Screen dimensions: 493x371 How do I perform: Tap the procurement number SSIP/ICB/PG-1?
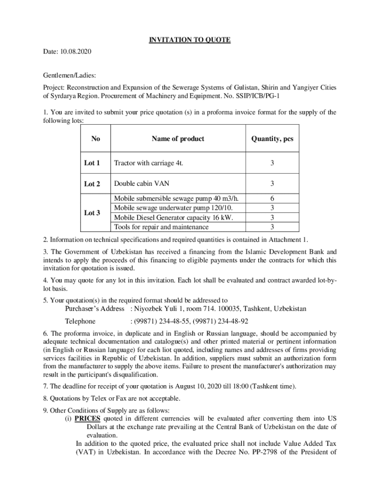(260, 96)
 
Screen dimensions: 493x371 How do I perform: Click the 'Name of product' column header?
(178, 139)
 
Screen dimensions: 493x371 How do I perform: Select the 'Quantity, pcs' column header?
(272, 139)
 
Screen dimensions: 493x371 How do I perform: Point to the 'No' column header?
(95, 139)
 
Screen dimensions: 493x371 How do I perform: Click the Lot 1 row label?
(92, 163)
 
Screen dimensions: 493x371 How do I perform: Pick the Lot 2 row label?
(92, 184)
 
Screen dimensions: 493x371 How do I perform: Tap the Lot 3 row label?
(92, 212)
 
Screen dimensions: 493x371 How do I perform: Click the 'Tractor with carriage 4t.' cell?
(148, 163)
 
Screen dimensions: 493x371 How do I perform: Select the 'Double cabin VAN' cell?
(142, 183)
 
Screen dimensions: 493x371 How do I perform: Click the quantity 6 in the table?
(272, 198)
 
